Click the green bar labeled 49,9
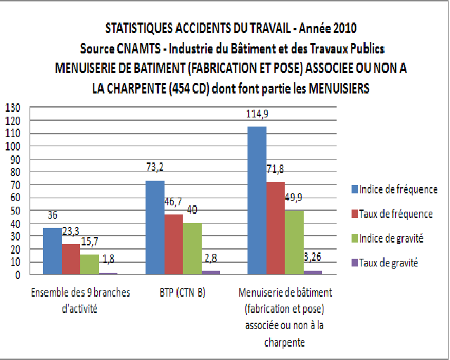[x=293, y=242]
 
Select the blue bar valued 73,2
[x=155, y=227]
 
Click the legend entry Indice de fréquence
[x=398, y=189]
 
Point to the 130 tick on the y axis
[x=13, y=108]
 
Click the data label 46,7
[x=172, y=202]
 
